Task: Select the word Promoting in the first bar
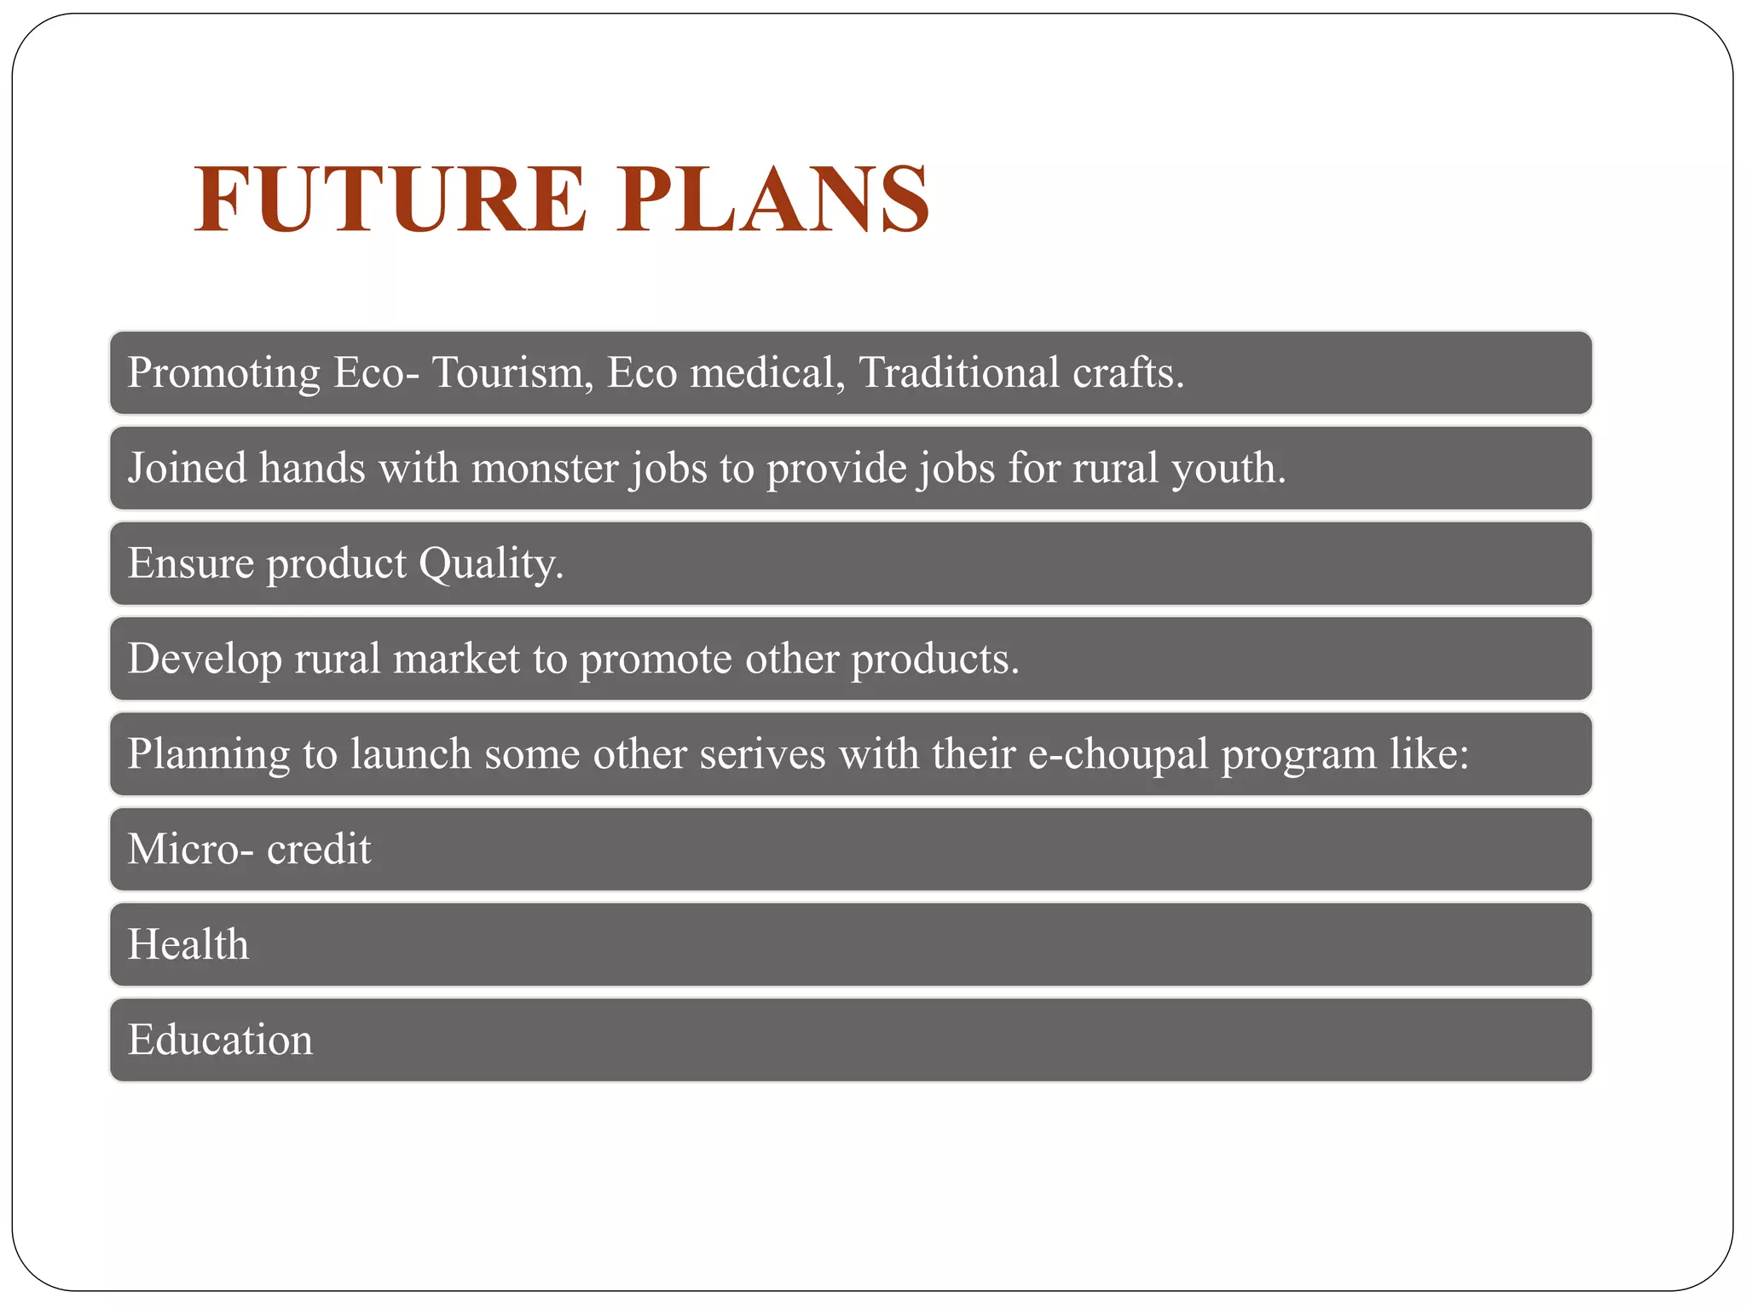[224, 373]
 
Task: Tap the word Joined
[188, 468]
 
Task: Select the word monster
[545, 468]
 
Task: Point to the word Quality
[491, 564]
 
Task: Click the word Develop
[205, 660]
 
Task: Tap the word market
[456, 659]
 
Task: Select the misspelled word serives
[762, 754]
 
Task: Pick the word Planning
[209, 755]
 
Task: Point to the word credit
[319, 849]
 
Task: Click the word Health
[188, 944]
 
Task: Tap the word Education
[221, 1040]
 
